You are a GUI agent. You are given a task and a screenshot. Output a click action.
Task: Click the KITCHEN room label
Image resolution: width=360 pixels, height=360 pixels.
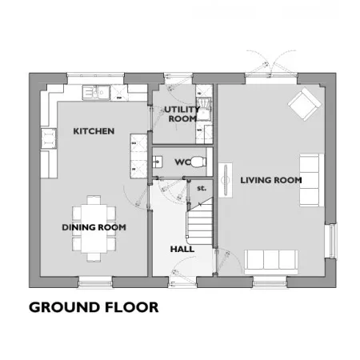tap(94, 131)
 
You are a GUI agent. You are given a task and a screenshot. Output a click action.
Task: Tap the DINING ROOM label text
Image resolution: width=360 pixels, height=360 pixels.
tap(94, 227)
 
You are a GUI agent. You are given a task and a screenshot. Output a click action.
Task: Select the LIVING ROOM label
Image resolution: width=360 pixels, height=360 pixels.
tap(271, 180)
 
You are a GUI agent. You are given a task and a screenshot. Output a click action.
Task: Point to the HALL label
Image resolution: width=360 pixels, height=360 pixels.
tap(182, 250)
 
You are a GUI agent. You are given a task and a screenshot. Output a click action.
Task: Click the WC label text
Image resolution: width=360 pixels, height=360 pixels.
tap(183, 162)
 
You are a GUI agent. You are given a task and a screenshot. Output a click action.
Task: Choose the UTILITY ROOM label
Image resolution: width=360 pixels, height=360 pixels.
tap(182, 114)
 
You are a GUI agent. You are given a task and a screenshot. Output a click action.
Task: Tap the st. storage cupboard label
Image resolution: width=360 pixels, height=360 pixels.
tap(202, 188)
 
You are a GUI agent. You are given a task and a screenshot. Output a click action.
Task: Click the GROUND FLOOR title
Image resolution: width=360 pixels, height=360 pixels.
tap(94, 307)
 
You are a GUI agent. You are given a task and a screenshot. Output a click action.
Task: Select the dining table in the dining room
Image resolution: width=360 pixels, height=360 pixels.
tap(94, 229)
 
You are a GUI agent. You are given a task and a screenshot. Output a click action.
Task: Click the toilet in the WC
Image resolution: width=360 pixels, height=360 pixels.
tap(199, 162)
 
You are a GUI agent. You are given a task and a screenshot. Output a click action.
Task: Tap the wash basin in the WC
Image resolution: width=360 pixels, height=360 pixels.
tap(157, 162)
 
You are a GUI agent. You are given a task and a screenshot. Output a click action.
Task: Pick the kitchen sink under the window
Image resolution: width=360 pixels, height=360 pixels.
tap(96, 92)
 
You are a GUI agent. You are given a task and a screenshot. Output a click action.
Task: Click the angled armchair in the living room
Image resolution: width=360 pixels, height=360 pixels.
tap(305, 104)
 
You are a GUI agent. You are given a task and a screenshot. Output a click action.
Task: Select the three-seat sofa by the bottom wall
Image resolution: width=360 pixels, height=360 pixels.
tap(271, 262)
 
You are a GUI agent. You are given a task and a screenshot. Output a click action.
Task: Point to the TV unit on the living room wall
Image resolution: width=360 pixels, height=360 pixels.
tap(226, 180)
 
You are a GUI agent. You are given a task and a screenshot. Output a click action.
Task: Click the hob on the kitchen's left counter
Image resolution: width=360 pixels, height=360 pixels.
tap(49, 138)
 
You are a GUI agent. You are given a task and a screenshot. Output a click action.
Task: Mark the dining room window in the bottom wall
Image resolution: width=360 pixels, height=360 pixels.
tap(95, 282)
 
